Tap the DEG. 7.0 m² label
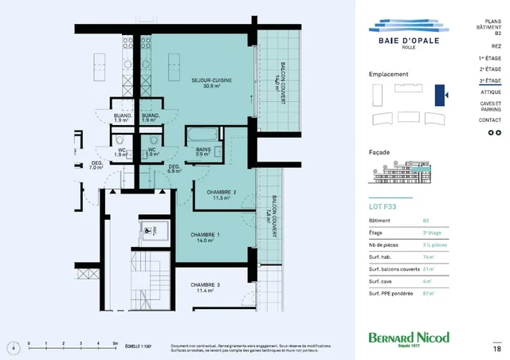[96, 165]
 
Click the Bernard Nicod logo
[409, 338]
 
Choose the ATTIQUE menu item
[491, 92]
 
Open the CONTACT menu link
[490, 120]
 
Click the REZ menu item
[496, 47]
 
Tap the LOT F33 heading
[382, 207]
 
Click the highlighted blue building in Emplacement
[439, 94]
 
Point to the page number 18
[496, 348]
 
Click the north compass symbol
[12, 346]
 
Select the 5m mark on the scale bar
[116, 343]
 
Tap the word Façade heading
[379, 151]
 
